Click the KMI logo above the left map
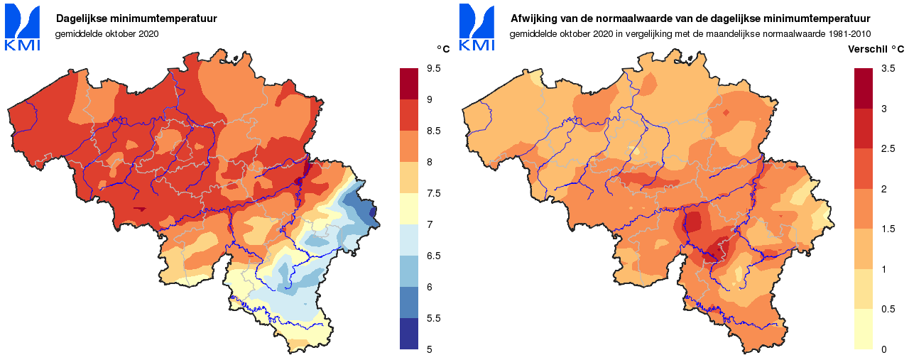pos(22,27)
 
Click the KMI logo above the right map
pos(477,27)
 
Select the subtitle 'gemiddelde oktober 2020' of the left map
pos(107,33)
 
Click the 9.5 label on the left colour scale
pos(433,68)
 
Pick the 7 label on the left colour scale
pos(429,224)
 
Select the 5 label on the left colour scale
pos(429,349)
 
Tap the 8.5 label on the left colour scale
pos(433,131)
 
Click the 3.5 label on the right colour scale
pos(888,68)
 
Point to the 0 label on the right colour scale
pos(883,349)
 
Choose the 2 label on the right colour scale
pos(883,188)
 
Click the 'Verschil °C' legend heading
pos(876,50)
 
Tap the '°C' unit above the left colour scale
pos(442,49)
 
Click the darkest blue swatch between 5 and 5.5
pos(410,333)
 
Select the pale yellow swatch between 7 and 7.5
pos(410,209)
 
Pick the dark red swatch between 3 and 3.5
pos(864,88)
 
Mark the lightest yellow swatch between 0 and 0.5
pos(864,329)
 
